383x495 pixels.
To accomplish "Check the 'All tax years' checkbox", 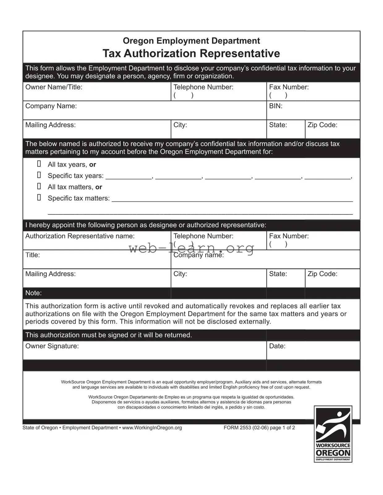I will tap(39, 164).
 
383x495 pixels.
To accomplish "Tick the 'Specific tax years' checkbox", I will tap(39, 175).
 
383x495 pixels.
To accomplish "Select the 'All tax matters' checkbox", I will tap(39, 186).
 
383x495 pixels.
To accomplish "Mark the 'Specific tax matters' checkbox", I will tap(39, 197).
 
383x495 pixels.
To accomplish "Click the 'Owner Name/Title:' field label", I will tap(54, 87).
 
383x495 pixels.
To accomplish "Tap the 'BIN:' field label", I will tap(276, 106).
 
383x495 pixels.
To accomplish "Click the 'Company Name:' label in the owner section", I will tap(51, 106).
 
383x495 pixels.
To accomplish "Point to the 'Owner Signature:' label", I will tap(52, 346).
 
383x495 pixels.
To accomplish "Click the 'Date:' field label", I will tap(277, 346).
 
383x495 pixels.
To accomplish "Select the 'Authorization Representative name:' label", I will tap(80, 236).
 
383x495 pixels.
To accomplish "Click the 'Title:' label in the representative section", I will tap(32, 255).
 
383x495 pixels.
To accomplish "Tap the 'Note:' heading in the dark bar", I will tap(33, 293).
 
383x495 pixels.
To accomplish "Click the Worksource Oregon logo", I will tap(333, 434).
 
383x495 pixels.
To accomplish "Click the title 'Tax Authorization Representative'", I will tap(191, 53).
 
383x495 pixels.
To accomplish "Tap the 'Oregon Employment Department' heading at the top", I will tap(191, 40).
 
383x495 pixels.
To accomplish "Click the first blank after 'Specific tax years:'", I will tap(129, 176).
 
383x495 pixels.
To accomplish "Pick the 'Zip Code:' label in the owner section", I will tap(322, 125).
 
